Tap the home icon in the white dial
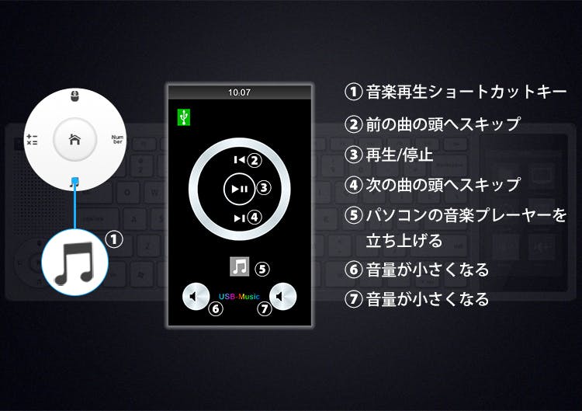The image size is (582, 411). pos(74,139)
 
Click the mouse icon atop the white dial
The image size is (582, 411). pos(74,96)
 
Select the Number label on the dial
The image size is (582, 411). pos(117,139)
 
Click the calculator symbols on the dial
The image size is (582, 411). pos(32,139)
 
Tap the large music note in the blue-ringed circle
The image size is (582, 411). pos(74,263)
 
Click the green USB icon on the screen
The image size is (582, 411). pos(184,117)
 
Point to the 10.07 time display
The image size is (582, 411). pos(240,92)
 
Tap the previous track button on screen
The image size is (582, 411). pos(240,160)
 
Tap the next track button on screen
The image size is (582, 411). pos(240,218)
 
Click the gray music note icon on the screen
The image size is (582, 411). pos(240,266)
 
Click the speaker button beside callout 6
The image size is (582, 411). pos(196,296)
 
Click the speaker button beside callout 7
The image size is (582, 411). pos(282,296)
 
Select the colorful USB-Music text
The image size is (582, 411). pos(240,297)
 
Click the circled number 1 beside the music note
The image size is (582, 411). pos(114,239)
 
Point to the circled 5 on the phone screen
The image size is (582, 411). pos(262,269)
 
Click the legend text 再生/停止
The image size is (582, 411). pos(400,155)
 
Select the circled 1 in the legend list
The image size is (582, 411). pos(353,92)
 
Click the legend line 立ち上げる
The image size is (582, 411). pos(404,240)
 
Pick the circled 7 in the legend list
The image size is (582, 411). pos(353,299)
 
